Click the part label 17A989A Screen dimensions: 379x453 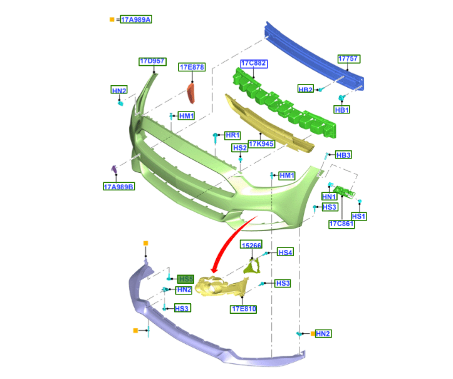tap(136, 19)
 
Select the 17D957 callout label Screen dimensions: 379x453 tap(152, 61)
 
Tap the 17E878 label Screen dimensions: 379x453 tap(192, 67)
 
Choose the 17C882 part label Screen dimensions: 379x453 tap(254, 63)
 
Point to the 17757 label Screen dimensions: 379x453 tap(349, 59)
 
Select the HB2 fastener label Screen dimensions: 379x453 tap(306, 90)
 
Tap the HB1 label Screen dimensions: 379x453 tap(341, 110)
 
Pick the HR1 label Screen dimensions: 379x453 tap(233, 135)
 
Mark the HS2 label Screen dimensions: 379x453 tap(239, 148)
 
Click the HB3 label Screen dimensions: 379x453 tap(343, 155)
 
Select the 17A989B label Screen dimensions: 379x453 tap(119, 186)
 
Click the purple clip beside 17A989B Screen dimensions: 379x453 tap(114, 170)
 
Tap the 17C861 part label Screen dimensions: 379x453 tap(341, 224)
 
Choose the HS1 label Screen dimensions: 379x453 tap(359, 216)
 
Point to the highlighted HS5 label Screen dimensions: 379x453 tap(186, 279)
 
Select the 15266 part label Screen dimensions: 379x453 tap(252, 246)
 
